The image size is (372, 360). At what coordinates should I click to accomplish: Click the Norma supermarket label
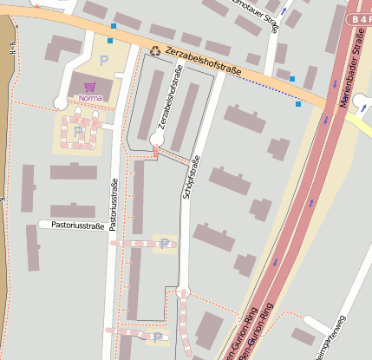pyautogui.click(x=89, y=98)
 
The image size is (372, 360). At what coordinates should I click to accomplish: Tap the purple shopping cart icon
pyautogui.click(x=89, y=87)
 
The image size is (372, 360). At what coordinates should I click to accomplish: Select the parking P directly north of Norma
pyautogui.click(x=104, y=61)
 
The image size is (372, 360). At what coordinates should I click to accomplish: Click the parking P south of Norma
pyautogui.click(x=78, y=131)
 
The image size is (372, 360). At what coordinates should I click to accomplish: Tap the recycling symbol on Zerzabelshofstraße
pyautogui.click(x=155, y=51)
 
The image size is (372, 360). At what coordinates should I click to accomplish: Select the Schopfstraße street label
pyautogui.click(x=193, y=178)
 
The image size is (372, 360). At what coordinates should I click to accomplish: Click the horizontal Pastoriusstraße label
pyautogui.click(x=78, y=226)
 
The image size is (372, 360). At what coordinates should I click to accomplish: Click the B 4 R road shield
pyautogui.click(x=358, y=18)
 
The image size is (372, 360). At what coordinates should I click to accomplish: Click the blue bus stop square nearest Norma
pyautogui.click(x=111, y=40)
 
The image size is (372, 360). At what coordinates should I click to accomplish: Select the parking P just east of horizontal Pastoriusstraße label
pyautogui.click(x=164, y=243)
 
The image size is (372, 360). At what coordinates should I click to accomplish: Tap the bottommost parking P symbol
pyautogui.click(x=156, y=337)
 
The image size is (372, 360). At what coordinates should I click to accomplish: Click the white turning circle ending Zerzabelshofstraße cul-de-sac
pyautogui.click(x=157, y=138)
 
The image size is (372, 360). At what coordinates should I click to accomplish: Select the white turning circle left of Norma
pyautogui.click(x=59, y=102)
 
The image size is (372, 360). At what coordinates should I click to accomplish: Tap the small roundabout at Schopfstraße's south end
pyautogui.click(x=181, y=294)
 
